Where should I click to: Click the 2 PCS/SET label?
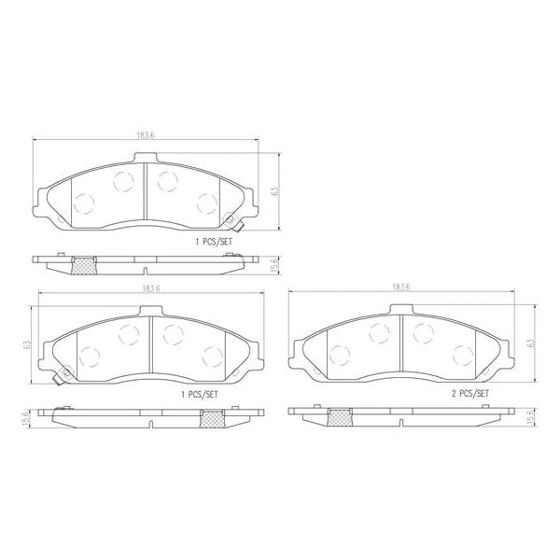468,395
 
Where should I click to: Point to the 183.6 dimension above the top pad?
145,135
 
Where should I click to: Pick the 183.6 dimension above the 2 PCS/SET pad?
401,287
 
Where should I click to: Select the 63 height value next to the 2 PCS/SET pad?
529,343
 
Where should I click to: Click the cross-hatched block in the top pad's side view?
84,265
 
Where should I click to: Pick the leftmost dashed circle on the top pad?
81,202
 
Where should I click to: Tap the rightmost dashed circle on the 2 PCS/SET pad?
459,355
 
